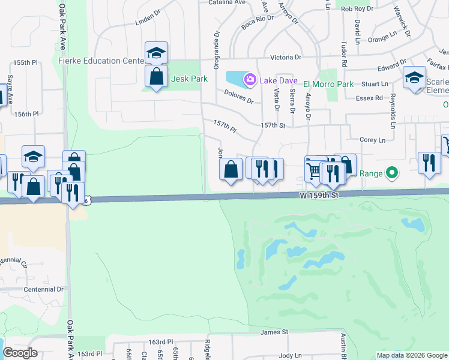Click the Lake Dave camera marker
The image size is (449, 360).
coord(249,79)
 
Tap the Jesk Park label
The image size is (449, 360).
coord(189,79)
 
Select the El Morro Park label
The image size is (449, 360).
coord(328,84)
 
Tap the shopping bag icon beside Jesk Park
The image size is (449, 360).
coord(156,77)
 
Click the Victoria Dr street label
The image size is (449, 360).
coord(286,57)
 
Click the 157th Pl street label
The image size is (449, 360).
coord(225,126)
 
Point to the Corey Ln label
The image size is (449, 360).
coord(372,140)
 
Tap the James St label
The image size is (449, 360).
coord(274,332)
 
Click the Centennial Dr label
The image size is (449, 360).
coord(43,289)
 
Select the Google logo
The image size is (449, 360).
coord(20,353)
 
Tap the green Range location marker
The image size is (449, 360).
coord(392,173)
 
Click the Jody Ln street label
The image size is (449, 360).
coord(291,355)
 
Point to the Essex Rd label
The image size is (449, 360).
coord(369,98)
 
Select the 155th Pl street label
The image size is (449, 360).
coord(26,62)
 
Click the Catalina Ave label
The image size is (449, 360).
coord(227,2)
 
